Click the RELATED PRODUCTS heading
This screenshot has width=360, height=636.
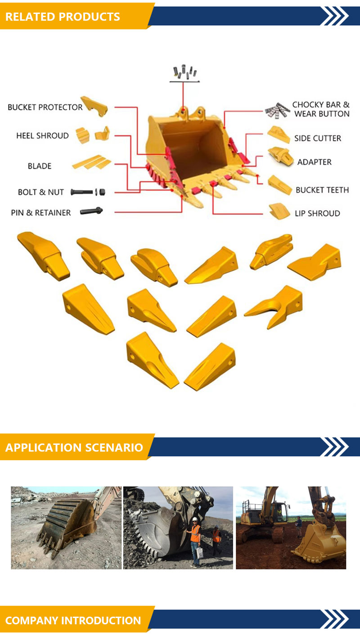[x=63, y=17]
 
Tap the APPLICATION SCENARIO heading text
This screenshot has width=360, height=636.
[x=74, y=448]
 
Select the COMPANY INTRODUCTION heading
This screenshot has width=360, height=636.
[x=73, y=620]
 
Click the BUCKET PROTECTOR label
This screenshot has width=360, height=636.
[x=45, y=107]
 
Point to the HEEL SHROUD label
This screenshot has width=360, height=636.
[x=42, y=136]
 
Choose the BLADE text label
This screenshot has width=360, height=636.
[x=40, y=166]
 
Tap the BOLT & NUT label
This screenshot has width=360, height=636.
[x=40, y=192]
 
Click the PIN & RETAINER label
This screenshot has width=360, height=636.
[x=40, y=213]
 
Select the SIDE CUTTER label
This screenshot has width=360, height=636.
[x=318, y=138]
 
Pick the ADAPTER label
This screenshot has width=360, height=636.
[x=314, y=162]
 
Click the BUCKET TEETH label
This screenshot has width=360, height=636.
[x=322, y=190]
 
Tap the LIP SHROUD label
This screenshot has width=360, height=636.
[x=317, y=213]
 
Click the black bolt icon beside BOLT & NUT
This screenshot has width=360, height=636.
[x=81, y=192]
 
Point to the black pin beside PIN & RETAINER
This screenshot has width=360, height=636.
[x=91, y=211]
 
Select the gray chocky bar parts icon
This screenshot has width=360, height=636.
[x=277, y=111]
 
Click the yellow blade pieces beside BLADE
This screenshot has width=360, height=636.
[x=91, y=162]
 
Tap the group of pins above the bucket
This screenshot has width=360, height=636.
[x=184, y=72]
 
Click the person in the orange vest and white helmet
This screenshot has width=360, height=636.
[x=195, y=542]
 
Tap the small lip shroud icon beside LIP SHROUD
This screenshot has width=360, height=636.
[x=279, y=211]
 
